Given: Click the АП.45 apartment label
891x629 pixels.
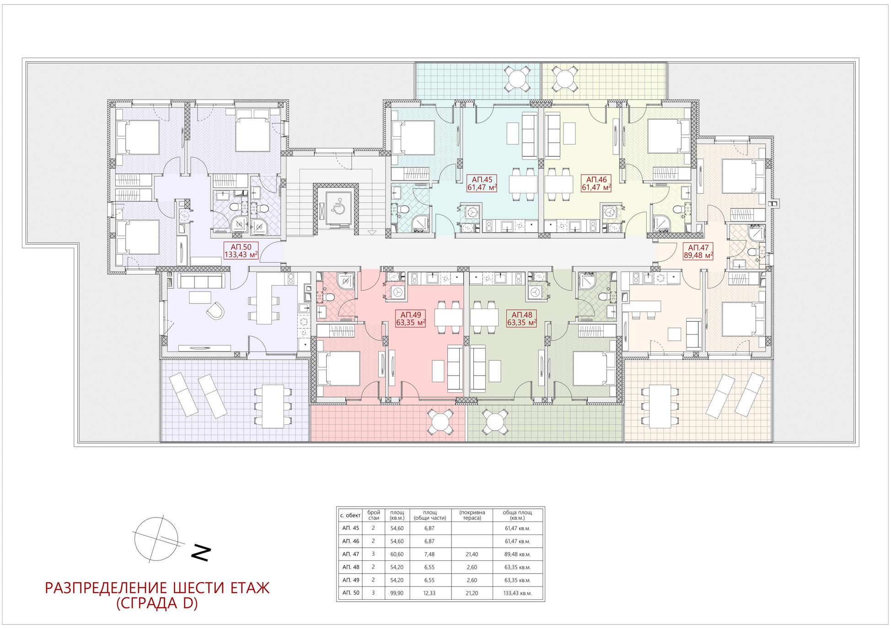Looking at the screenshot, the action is pyautogui.click(x=482, y=183).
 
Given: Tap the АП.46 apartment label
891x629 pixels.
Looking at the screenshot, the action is pyautogui.click(x=596, y=183).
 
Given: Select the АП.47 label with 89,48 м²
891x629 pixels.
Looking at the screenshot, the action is pyautogui.click(x=698, y=251).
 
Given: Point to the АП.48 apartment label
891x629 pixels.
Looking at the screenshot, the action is pyautogui.click(x=521, y=319).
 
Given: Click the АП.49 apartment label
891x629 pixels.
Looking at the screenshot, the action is pyautogui.click(x=410, y=319).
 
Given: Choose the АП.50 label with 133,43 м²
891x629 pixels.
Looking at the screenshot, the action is pyautogui.click(x=241, y=251).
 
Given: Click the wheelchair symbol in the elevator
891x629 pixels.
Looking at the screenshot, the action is pyautogui.click(x=337, y=207).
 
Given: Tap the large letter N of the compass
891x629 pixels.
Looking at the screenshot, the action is pyautogui.click(x=201, y=554).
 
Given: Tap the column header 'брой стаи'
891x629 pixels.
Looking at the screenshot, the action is pyautogui.click(x=373, y=515).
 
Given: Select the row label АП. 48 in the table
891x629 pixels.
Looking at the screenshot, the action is pyautogui.click(x=350, y=567).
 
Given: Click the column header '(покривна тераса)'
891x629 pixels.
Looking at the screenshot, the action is pyautogui.click(x=472, y=515).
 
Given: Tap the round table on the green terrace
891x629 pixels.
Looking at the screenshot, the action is pyautogui.click(x=494, y=422).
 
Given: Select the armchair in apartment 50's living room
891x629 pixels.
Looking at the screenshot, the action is pyautogui.click(x=215, y=311).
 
